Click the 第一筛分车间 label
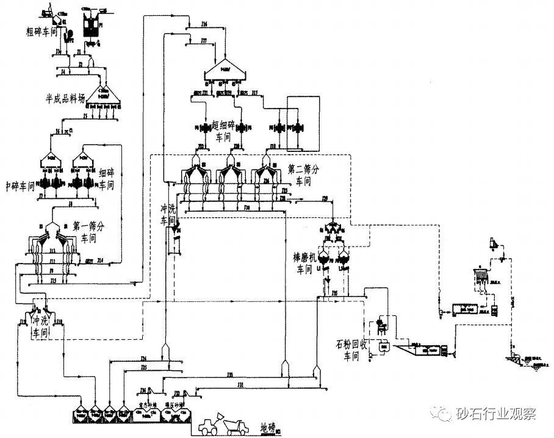[x=89, y=232]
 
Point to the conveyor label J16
[x=204, y=24]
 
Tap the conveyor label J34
[x=143, y=357]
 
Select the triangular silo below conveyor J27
[x=225, y=72]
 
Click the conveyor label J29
[x=325, y=199]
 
